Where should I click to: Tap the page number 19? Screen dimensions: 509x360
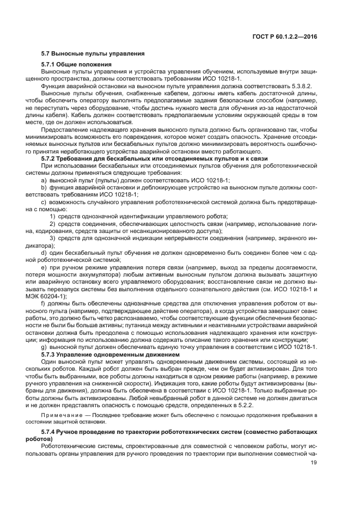point(314,463)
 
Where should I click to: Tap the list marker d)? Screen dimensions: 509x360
point(45,253)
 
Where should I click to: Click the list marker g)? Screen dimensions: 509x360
point(45,347)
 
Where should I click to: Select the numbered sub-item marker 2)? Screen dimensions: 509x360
point(53,224)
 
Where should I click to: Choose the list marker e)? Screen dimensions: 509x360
point(45,267)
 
